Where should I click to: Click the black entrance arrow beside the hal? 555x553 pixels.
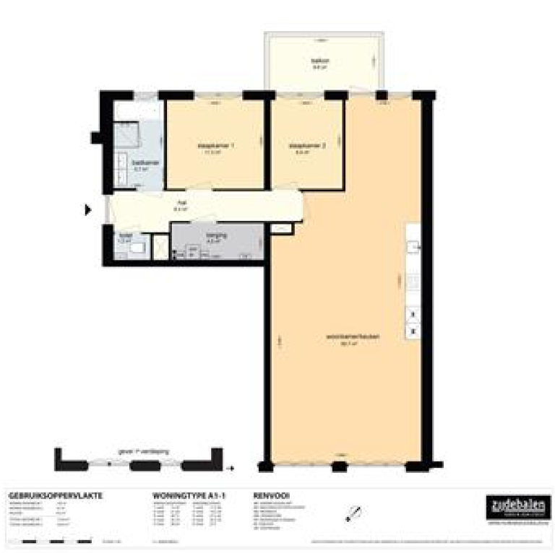(x=89, y=210)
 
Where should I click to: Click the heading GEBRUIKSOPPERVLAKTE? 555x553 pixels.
(x=55, y=496)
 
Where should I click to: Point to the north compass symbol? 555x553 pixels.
(x=353, y=513)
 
